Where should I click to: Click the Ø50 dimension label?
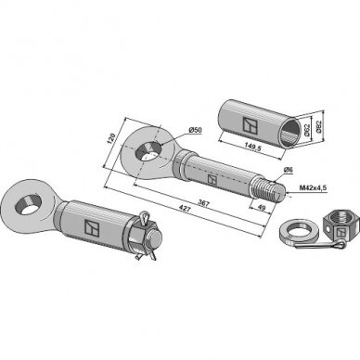pyautogui.click(x=195, y=130)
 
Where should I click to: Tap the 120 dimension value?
pyautogui.click(x=110, y=138)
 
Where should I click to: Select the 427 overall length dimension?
pyautogui.click(x=184, y=210)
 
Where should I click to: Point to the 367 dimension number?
pyautogui.click(x=205, y=203)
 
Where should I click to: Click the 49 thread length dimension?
pyautogui.click(x=262, y=208)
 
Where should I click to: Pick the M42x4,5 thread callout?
pyautogui.click(x=313, y=187)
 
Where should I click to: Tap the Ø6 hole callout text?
pyautogui.click(x=288, y=170)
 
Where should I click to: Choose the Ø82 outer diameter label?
pyautogui.click(x=319, y=127)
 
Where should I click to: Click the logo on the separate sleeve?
pyautogui.click(x=250, y=125)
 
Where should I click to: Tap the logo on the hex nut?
pyautogui.click(x=341, y=233)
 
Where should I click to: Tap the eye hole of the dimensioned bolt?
pyautogui.click(x=148, y=150)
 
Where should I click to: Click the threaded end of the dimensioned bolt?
pyautogui.click(x=269, y=188)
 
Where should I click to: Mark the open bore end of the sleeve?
pyautogui.click(x=290, y=134)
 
